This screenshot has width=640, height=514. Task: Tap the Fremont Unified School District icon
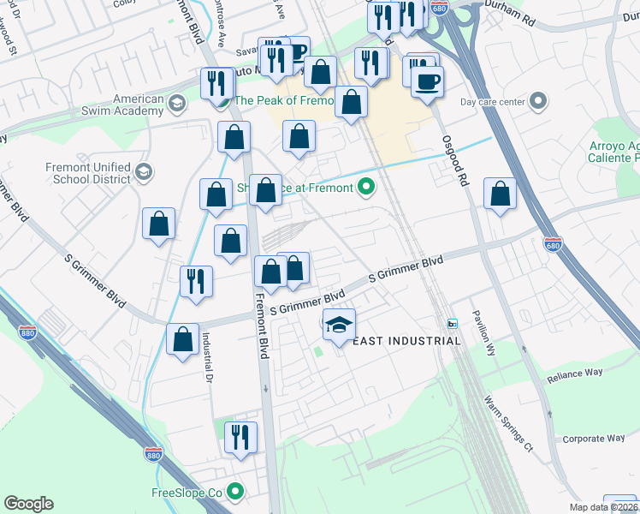point(144,173)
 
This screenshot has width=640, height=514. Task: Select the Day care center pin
point(537,103)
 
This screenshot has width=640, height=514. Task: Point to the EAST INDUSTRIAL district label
point(407,341)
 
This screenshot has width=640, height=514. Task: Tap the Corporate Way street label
point(593,439)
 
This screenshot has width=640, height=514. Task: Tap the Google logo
point(28,504)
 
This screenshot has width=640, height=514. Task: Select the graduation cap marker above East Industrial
point(340,325)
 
